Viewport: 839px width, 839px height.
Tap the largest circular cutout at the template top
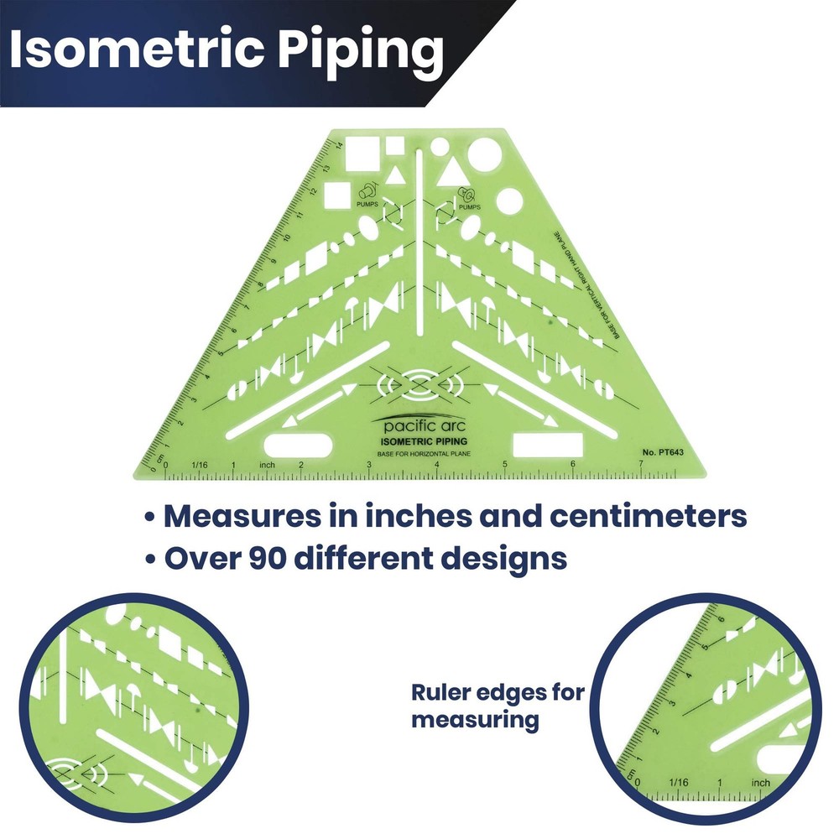point(484,154)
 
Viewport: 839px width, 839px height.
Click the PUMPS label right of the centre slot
point(470,206)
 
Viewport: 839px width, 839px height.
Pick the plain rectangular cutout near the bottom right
point(542,445)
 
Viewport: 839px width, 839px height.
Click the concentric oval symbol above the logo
point(420,387)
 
